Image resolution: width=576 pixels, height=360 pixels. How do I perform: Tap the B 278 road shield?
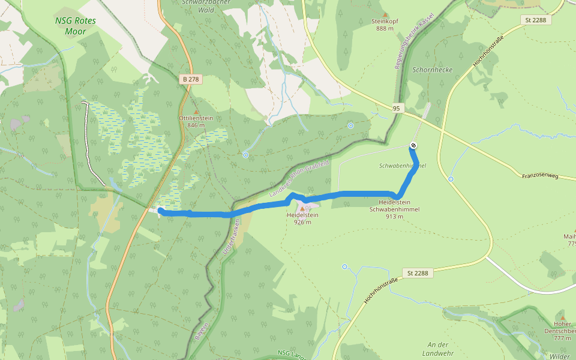[190, 79]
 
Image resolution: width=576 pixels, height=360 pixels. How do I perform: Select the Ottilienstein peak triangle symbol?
[196, 111]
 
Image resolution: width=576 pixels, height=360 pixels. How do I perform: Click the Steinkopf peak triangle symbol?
[385, 14]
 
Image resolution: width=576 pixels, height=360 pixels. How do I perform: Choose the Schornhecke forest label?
[432, 70]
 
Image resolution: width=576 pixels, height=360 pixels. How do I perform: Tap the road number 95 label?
[397, 108]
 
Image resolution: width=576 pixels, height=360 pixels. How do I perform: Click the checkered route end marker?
[413, 145]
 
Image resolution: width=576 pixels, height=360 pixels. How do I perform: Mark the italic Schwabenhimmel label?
[403, 166]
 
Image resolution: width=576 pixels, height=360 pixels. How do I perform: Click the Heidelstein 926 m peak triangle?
[302, 208]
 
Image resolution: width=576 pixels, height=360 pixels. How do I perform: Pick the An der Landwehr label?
[438, 349]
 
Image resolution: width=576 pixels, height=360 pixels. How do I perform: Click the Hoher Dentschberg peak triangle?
[562, 316]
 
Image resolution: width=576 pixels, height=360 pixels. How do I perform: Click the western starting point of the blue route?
[160, 210]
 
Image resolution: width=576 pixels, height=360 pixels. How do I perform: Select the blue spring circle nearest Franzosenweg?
[451, 179]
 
